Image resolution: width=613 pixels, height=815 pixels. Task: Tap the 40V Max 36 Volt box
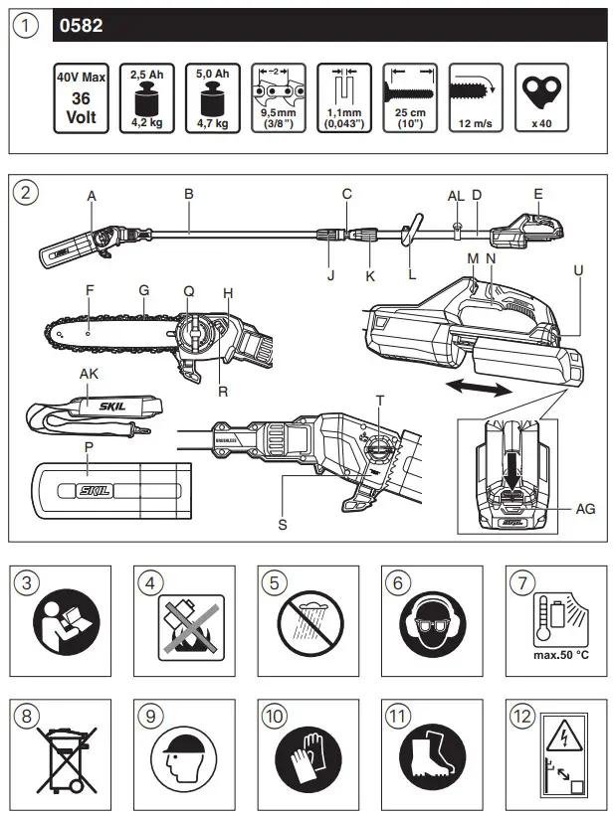coord(82,99)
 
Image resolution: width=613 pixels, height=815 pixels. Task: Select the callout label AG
coord(587,507)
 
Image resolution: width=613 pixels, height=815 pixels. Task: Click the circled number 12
coord(521,714)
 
